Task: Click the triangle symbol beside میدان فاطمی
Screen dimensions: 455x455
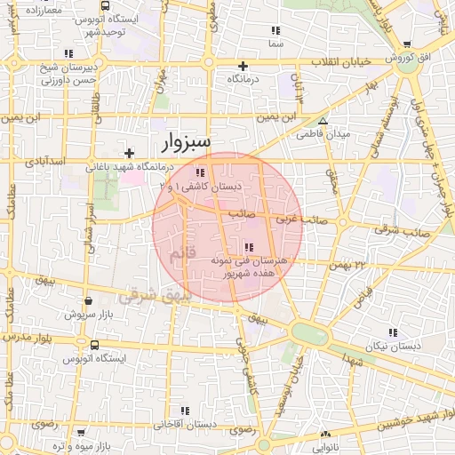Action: pos(323,121)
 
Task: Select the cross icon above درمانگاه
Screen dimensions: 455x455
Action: pos(243,66)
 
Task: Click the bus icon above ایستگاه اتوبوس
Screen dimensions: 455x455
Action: pos(94,344)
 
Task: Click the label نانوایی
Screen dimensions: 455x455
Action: pos(323,447)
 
